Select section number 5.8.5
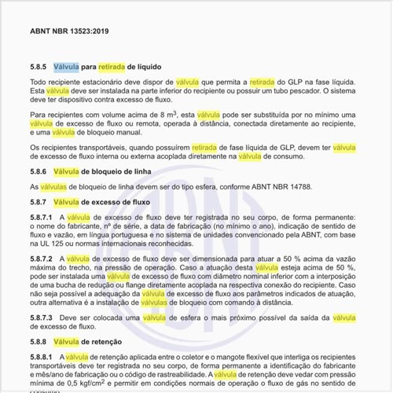[39, 68]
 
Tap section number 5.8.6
[39, 171]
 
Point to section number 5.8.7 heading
[39, 202]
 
